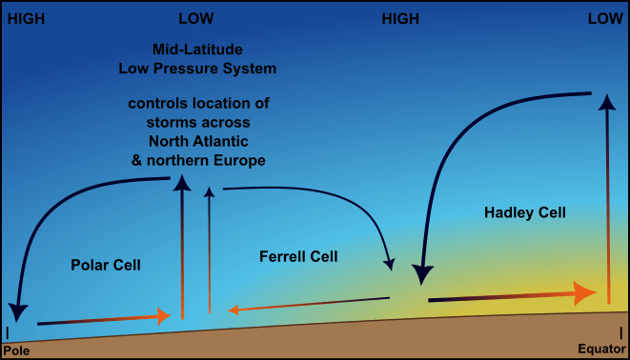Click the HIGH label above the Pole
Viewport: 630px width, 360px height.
click(26, 19)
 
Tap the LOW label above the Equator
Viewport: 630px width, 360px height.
click(605, 18)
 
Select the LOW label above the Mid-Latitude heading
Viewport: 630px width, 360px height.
click(196, 18)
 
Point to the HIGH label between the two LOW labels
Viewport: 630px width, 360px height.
click(400, 19)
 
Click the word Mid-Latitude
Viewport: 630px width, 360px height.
click(197, 50)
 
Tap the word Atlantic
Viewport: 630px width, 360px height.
click(220, 141)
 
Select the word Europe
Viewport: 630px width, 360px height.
click(239, 161)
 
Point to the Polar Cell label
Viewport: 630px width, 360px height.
click(106, 265)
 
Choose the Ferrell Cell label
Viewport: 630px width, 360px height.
click(298, 256)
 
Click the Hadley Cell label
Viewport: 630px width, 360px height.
click(525, 212)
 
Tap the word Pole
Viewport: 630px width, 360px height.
click(16, 350)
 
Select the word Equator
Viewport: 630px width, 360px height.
click(601, 349)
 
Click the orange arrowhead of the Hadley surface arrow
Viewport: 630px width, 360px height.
click(584, 293)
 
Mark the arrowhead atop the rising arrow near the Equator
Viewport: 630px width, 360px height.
click(607, 102)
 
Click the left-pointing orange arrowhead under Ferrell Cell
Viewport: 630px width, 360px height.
click(234, 310)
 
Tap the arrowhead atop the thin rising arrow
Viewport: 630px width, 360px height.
click(209, 191)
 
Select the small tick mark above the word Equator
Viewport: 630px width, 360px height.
click(620, 332)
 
